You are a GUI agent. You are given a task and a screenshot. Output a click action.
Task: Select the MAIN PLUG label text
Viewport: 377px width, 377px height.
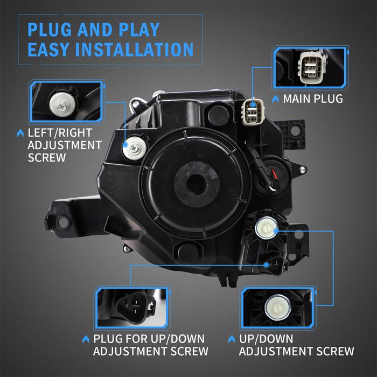[x=313, y=99]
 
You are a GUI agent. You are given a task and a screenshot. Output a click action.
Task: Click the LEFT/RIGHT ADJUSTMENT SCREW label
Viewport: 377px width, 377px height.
[x=64, y=145]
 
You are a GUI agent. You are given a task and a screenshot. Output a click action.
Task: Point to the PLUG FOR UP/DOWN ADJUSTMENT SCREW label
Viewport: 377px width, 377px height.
[x=151, y=345]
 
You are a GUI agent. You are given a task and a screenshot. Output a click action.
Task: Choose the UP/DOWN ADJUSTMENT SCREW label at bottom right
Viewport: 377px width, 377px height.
[x=296, y=345]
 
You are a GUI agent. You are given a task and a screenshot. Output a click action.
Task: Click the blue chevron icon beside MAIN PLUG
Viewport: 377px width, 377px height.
[x=275, y=100]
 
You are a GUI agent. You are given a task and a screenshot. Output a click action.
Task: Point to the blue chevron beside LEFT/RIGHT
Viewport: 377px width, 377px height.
[x=20, y=132]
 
